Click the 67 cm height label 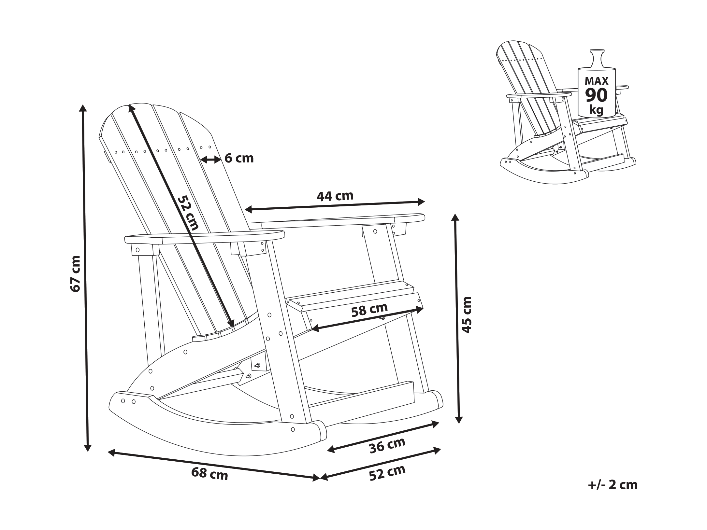[75, 274]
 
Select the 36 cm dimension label [387, 445]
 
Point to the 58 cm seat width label [369, 310]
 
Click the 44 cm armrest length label [335, 196]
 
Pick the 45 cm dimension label [467, 314]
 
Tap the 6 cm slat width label [239, 158]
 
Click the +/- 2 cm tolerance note [613, 494]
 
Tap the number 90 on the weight [596, 95]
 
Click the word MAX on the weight [596, 81]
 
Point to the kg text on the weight [596, 110]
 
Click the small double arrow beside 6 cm [211, 160]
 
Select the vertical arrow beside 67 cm [85, 278]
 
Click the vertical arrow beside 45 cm [457, 318]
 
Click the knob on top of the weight [597, 59]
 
